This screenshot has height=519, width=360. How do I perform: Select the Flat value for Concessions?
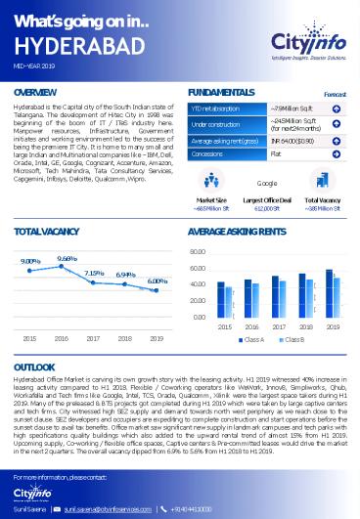(x=276, y=153)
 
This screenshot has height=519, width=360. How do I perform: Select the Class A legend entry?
(x=253, y=340)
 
